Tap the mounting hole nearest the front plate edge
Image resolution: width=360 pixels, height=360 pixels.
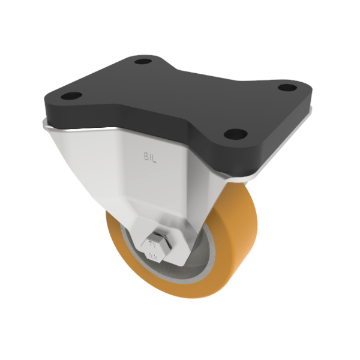(235, 134)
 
